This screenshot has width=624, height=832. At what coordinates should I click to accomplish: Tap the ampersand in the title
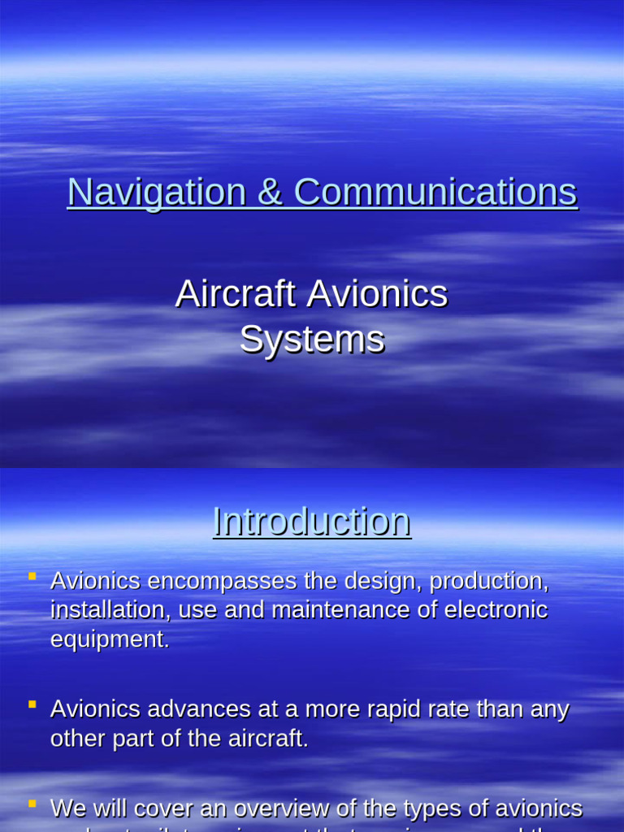[x=269, y=193]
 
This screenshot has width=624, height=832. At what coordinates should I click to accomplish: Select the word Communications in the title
[x=435, y=193]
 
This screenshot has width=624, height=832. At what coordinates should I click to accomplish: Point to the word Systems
[x=312, y=340]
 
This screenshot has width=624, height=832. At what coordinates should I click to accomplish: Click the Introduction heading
[x=312, y=522]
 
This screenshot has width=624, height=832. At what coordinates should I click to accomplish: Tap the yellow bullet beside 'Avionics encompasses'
[x=32, y=577]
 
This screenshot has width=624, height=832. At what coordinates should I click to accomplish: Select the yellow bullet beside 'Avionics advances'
[x=32, y=704]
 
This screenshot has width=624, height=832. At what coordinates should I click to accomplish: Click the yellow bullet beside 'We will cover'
[x=32, y=804]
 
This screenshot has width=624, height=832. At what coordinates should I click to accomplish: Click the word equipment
[x=110, y=639]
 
